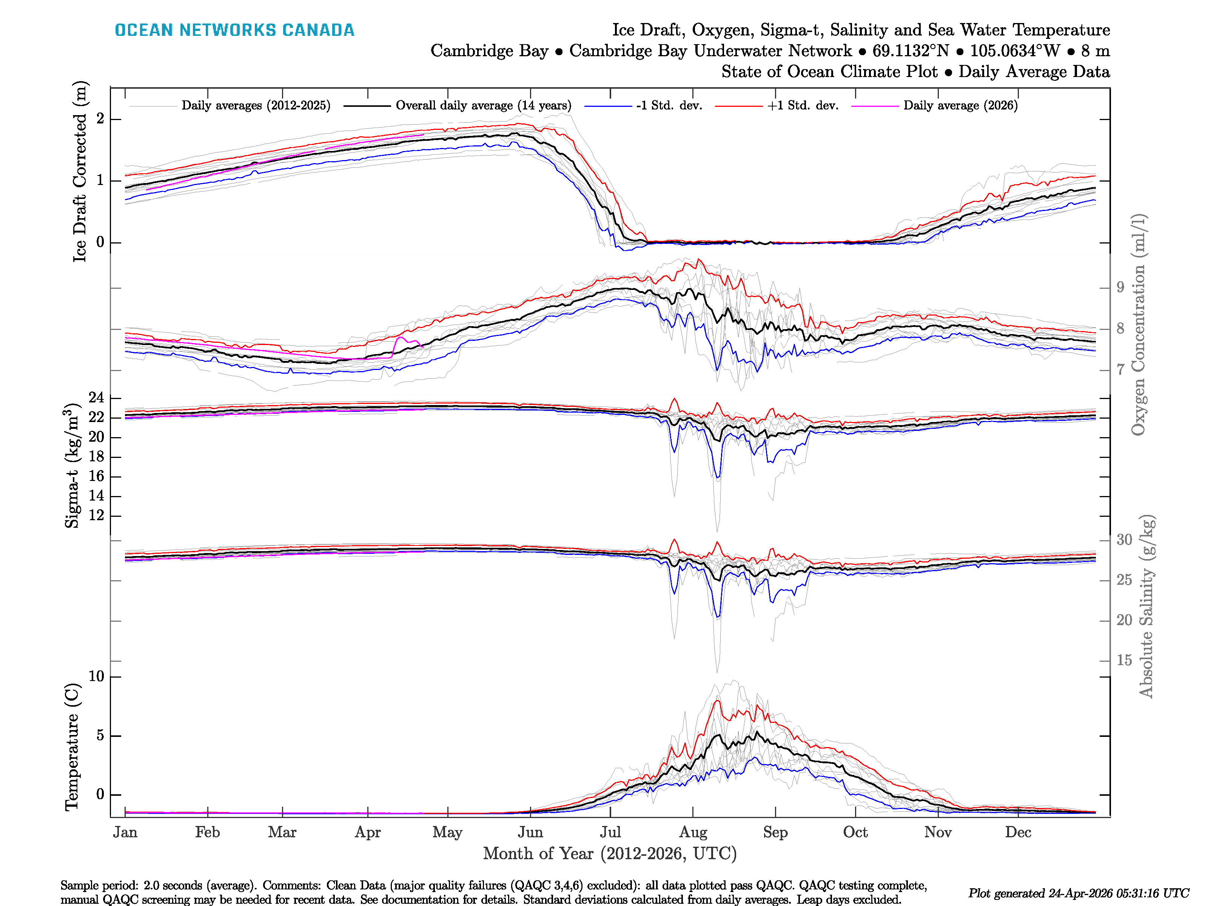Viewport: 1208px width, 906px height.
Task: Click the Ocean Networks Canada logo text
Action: coord(234,30)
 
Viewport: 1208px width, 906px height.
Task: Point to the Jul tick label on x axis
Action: coord(610,832)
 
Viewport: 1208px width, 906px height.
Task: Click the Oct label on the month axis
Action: coord(855,832)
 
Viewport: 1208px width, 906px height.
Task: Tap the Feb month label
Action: coord(208,832)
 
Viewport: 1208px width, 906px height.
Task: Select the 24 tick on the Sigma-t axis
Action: coord(97,398)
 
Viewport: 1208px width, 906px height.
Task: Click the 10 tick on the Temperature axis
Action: coord(96,676)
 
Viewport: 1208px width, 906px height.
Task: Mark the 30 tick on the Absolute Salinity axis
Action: coord(1124,540)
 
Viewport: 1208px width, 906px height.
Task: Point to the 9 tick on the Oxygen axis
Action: coord(1120,287)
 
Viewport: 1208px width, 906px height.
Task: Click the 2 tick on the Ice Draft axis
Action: coord(100,119)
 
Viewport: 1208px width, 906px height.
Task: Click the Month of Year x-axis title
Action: coord(609,854)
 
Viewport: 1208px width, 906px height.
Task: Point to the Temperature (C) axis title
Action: coord(72,747)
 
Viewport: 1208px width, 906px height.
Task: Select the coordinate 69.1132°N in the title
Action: coord(911,51)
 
